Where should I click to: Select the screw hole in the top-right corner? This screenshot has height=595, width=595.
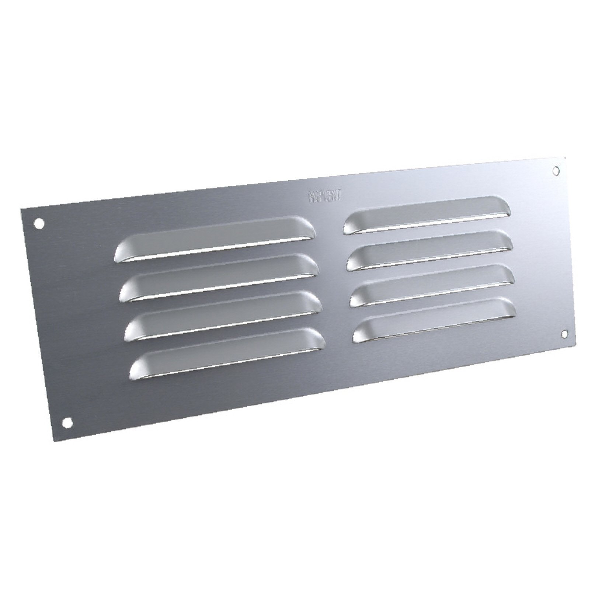[557, 170]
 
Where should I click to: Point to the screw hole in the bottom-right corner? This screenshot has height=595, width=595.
[564, 334]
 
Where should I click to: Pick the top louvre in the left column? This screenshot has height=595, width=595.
[216, 240]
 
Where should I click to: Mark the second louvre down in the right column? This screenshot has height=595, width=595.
[430, 251]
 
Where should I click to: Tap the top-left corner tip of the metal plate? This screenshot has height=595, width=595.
[21, 209]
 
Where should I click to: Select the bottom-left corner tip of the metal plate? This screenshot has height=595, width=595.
[54, 442]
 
